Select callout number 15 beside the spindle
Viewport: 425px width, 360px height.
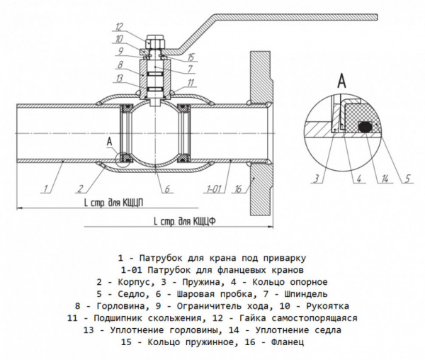click(191, 57)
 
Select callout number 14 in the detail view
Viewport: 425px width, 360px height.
click(385, 177)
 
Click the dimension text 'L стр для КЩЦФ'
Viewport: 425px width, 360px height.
click(185, 221)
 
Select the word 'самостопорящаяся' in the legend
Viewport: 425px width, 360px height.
click(310, 318)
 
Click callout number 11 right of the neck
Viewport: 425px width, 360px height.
click(191, 84)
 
